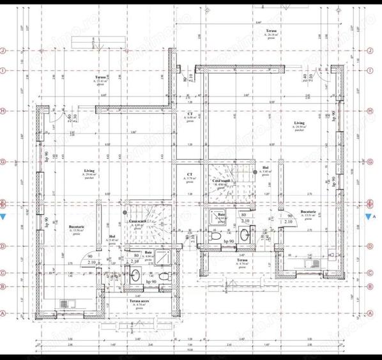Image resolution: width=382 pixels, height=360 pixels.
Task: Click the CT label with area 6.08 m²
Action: (x=190, y=116)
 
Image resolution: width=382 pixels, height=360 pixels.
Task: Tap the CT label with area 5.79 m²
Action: (x=190, y=175)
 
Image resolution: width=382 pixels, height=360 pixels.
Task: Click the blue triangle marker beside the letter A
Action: (x=369, y=217)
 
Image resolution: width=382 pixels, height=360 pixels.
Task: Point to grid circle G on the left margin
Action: (x=4, y=162)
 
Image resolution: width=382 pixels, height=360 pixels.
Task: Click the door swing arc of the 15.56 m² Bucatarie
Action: (x=89, y=256)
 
